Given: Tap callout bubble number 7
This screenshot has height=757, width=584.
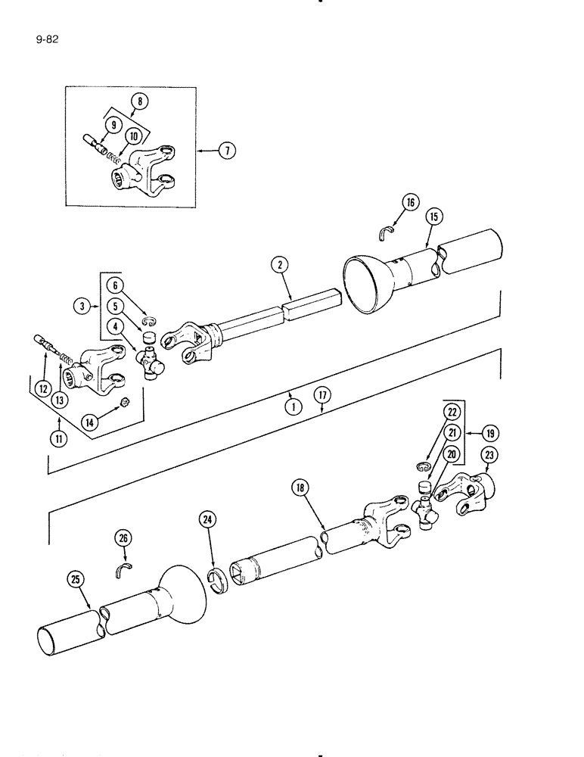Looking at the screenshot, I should [226, 151].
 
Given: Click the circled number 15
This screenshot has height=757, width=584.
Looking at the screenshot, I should [433, 216].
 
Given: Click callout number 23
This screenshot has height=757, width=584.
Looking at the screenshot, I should [489, 456].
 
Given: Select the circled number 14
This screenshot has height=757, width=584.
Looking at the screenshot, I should [91, 422].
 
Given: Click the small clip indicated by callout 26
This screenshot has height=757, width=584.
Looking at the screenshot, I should [123, 569].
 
